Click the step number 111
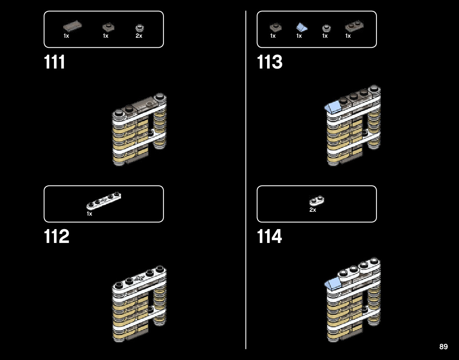[x=55, y=62]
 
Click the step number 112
[x=57, y=237]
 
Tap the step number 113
[x=270, y=62]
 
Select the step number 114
[x=270, y=237]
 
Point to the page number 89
[x=443, y=347]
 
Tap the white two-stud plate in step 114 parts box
[x=317, y=201]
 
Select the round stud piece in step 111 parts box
[x=139, y=28]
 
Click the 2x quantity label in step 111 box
[x=139, y=36]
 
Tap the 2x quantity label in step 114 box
[x=313, y=210]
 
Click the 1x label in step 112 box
[x=89, y=214]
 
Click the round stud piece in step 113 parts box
[x=326, y=28]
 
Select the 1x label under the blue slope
[x=299, y=36]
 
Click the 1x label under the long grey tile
[x=66, y=36]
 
